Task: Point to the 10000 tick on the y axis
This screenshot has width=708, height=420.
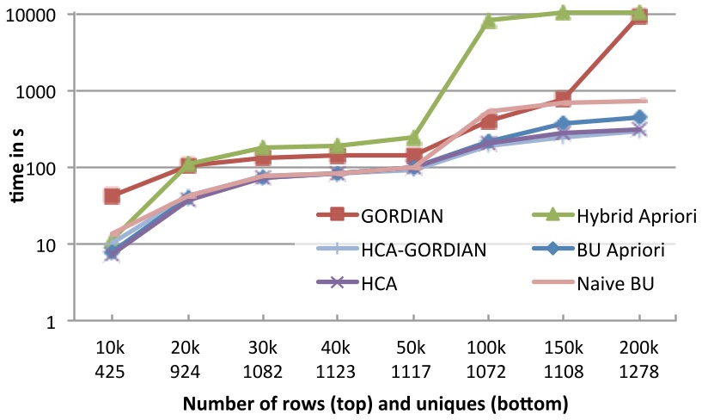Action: pyautogui.click(x=34, y=15)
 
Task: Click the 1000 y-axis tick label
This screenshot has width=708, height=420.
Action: pyautogui.click(x=38, y=91)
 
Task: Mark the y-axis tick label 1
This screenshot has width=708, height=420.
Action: pyautogui.click(x=52, y=321)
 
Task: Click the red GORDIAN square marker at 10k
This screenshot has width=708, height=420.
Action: pyautogui.click(x=112, y=196)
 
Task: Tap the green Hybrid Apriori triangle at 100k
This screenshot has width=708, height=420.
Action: pyautogui.click(x=489, y=21)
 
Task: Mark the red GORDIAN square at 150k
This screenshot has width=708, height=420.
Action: pyautogui.click(x=564, y=100)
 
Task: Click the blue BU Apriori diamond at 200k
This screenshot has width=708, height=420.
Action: pyautogui.click(x=639, y=118)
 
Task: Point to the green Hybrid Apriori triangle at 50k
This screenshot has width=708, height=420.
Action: pyautogui.click(x=413, y=138)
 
